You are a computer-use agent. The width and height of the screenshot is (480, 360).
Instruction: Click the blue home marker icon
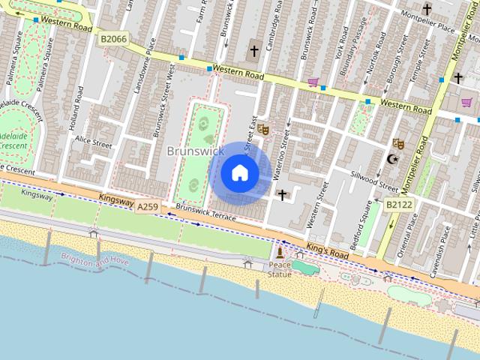(x=239, y=172)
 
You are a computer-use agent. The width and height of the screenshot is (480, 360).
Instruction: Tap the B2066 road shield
(x=113, y=37)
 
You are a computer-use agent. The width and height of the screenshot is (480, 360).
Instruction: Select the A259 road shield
(x=148, y=205)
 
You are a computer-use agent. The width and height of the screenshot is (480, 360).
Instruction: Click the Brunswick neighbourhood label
(x=195, y=151)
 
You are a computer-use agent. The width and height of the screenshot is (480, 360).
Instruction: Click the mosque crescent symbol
(x=391, y=159)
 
